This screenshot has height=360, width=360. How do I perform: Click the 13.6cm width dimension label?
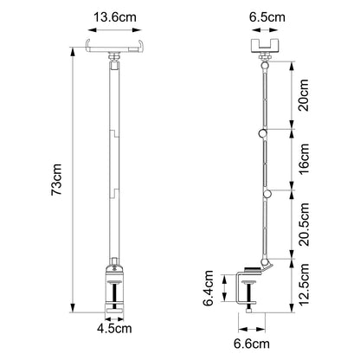115,17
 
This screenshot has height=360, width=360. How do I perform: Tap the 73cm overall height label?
56,179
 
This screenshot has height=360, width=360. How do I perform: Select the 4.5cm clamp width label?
114,329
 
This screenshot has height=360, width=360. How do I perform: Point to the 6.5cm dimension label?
267,17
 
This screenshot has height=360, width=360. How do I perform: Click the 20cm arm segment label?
304,95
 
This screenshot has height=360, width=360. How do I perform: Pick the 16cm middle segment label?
304,159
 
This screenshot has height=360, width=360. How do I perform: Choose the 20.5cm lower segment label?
304,224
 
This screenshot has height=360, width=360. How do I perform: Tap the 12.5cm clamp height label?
304,284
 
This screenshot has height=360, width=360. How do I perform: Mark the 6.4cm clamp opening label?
208,288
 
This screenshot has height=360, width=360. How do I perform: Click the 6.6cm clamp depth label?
252,344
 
